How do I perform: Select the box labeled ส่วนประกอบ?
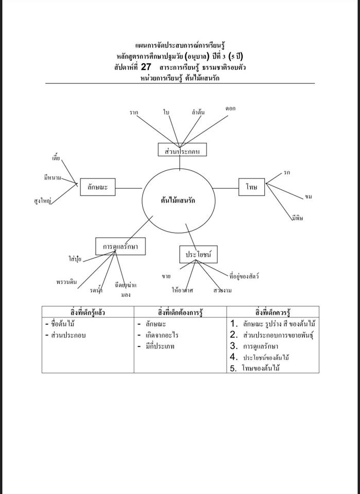pos(182,150)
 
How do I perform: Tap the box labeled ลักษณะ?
pos(97,188)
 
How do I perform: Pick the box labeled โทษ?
pos(251,187)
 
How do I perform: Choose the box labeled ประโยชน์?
pos(198,254)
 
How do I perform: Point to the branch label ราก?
pos(134,112)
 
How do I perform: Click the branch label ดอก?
pos(230,108)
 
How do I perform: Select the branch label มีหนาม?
pos(53,178)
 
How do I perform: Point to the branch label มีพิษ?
pos(297,218)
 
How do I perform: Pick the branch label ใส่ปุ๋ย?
pos(75,260)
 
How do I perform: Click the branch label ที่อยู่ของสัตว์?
pos(244,276)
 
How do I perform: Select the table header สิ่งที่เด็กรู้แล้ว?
pos(88,312)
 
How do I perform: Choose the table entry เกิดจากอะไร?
pos(162,335)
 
